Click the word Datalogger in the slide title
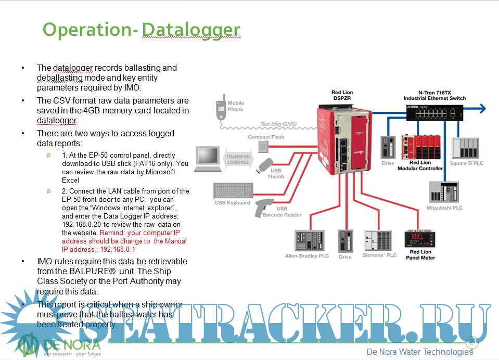[x=190, y=30]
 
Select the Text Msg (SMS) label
[x=278, y=124]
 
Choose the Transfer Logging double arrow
[x=238, y=159]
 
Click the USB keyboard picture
[x=233, y=190]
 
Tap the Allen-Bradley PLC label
[x=306, y=256]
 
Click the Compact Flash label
[x=265, y=137]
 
